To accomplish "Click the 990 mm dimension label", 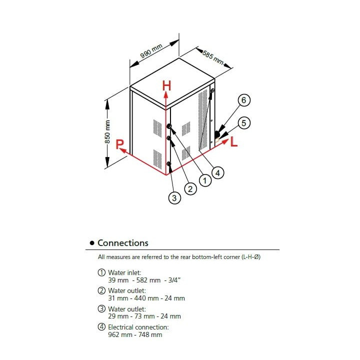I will [x=151, y=51].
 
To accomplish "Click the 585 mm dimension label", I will [x=212, y=56].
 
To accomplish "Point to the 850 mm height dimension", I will [x=107, y=131].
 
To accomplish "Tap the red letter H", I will [x=167, y=85].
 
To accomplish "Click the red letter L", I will [x=234, y=142].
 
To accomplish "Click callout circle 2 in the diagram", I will [x=189, y=188].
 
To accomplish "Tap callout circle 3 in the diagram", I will [x=174, y=198].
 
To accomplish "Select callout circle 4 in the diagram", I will [x=217, y=172].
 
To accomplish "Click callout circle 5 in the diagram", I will [x=243, y=122].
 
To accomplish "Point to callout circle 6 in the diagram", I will [x=243, y=100].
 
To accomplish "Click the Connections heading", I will [x=123, y=243].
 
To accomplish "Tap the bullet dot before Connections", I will [x=91, y=243].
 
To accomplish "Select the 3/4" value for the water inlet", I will [x=172, y=280].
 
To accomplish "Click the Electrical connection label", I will [x=138, y=327].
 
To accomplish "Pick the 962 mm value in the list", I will [x=118, y=334].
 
